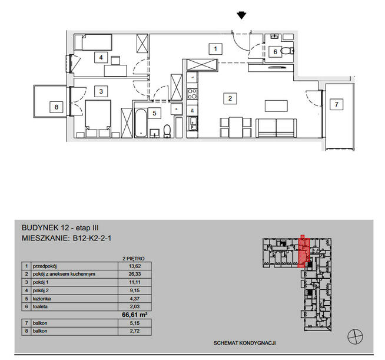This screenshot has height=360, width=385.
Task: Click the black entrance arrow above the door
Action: (x=241, y=15)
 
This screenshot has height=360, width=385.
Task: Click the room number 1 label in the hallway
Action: (x=215, y=49)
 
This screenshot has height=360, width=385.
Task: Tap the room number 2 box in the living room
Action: (x=230, y=98)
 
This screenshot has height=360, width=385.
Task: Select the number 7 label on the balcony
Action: (x=336, y=104)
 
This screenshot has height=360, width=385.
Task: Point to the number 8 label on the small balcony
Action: (x=57, y=107)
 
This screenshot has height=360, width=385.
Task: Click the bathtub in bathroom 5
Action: (x=141, y=123)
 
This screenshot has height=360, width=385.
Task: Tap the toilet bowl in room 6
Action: (x=286, y=51)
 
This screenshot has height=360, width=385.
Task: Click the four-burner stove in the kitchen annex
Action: (x=192, y=94)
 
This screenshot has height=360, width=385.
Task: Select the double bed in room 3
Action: (x=98, y=118)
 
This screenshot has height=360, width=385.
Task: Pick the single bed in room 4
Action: (x=93, y=42)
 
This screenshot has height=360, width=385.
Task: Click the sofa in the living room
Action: (x=276, y=128)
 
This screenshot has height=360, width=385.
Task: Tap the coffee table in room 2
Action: (x=276, y=106)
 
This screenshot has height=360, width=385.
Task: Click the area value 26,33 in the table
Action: (x=135, y=274)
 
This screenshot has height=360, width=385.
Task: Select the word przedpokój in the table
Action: (x=45, y=266)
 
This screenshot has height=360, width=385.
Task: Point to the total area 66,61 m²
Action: (x=135, y=315)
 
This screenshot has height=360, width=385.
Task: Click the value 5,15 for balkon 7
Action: (x=135, y=323)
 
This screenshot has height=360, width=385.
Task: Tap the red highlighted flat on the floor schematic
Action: (x=304, y=252)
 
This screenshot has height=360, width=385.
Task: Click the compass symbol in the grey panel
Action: (x=355, y=336)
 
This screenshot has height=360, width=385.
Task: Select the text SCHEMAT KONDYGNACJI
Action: (x=244, y=343)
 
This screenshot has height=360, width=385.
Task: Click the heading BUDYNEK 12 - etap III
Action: (x=60, y=228)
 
